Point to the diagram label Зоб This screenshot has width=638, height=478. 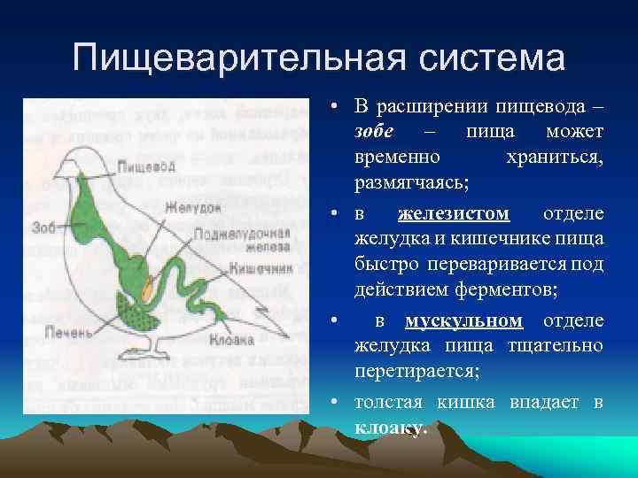point(43,227)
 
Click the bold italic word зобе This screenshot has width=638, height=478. point(371,132)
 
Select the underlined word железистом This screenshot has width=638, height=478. point(454,213)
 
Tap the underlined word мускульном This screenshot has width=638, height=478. point(463,320)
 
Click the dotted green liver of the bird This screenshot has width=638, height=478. point(138,312)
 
